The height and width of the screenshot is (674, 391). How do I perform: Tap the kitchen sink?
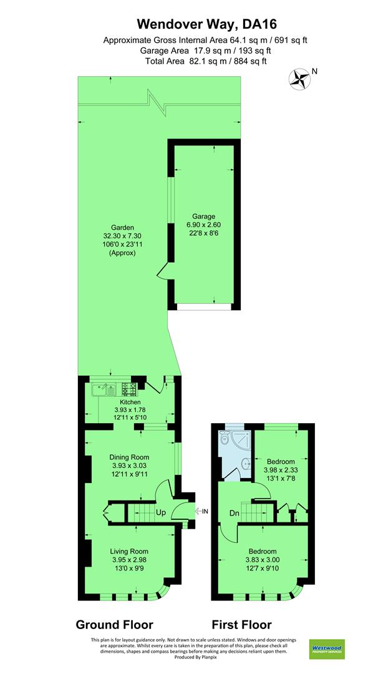pos(104,390)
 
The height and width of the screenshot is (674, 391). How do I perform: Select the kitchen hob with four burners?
pos(129,389)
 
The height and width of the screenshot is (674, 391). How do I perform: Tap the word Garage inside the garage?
pos(203,216)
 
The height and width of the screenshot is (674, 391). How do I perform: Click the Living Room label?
pos(129,551)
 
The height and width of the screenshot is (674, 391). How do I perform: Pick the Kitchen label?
pos(130,403)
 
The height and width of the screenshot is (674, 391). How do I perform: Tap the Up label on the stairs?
pos(161,512)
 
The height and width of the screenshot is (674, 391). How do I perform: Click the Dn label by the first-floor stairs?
pos(234,513)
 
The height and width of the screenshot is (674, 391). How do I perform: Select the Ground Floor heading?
pos(114,624)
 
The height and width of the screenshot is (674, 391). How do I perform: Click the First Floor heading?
pos(242,624)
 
